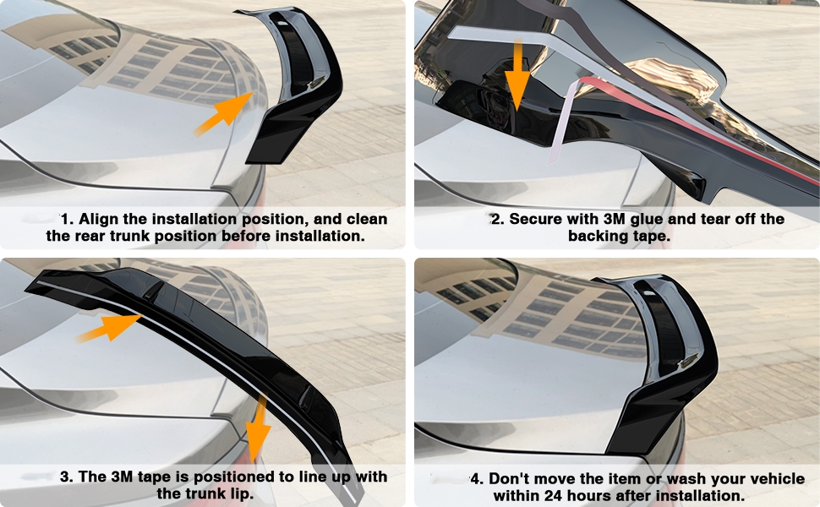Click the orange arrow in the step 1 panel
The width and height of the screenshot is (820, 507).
pos(223,113)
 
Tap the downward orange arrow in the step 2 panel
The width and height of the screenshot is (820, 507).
pos(517,75)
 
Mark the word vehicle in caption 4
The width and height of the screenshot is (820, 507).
pos(775,479)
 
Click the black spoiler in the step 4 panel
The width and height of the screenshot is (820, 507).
pos(668,355)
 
